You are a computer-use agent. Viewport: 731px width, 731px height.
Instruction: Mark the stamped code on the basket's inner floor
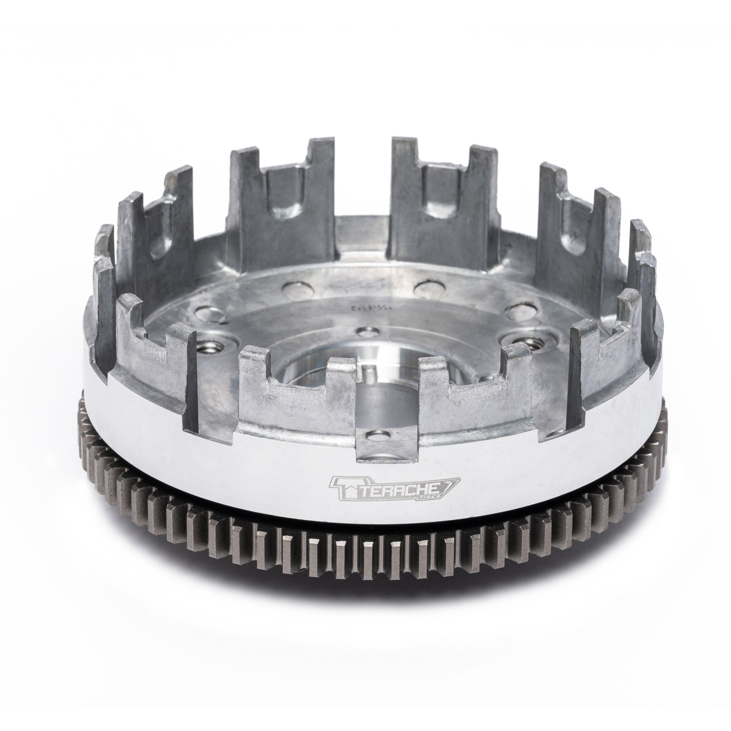(359, 308)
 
